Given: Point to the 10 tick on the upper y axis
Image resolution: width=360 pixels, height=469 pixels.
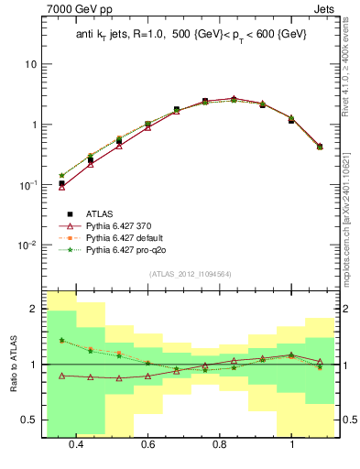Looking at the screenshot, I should pos(31,64).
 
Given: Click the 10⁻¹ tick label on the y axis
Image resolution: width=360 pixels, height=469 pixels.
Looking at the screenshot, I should pos(28,184).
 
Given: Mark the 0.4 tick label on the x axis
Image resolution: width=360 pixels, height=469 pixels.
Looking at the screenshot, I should pos(76,444).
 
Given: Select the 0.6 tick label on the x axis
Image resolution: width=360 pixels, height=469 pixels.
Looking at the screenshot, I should pos(147,444).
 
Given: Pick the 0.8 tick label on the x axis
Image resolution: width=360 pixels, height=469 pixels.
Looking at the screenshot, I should pos(220,444).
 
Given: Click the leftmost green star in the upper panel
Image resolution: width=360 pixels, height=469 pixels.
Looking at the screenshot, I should pos(61,175).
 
